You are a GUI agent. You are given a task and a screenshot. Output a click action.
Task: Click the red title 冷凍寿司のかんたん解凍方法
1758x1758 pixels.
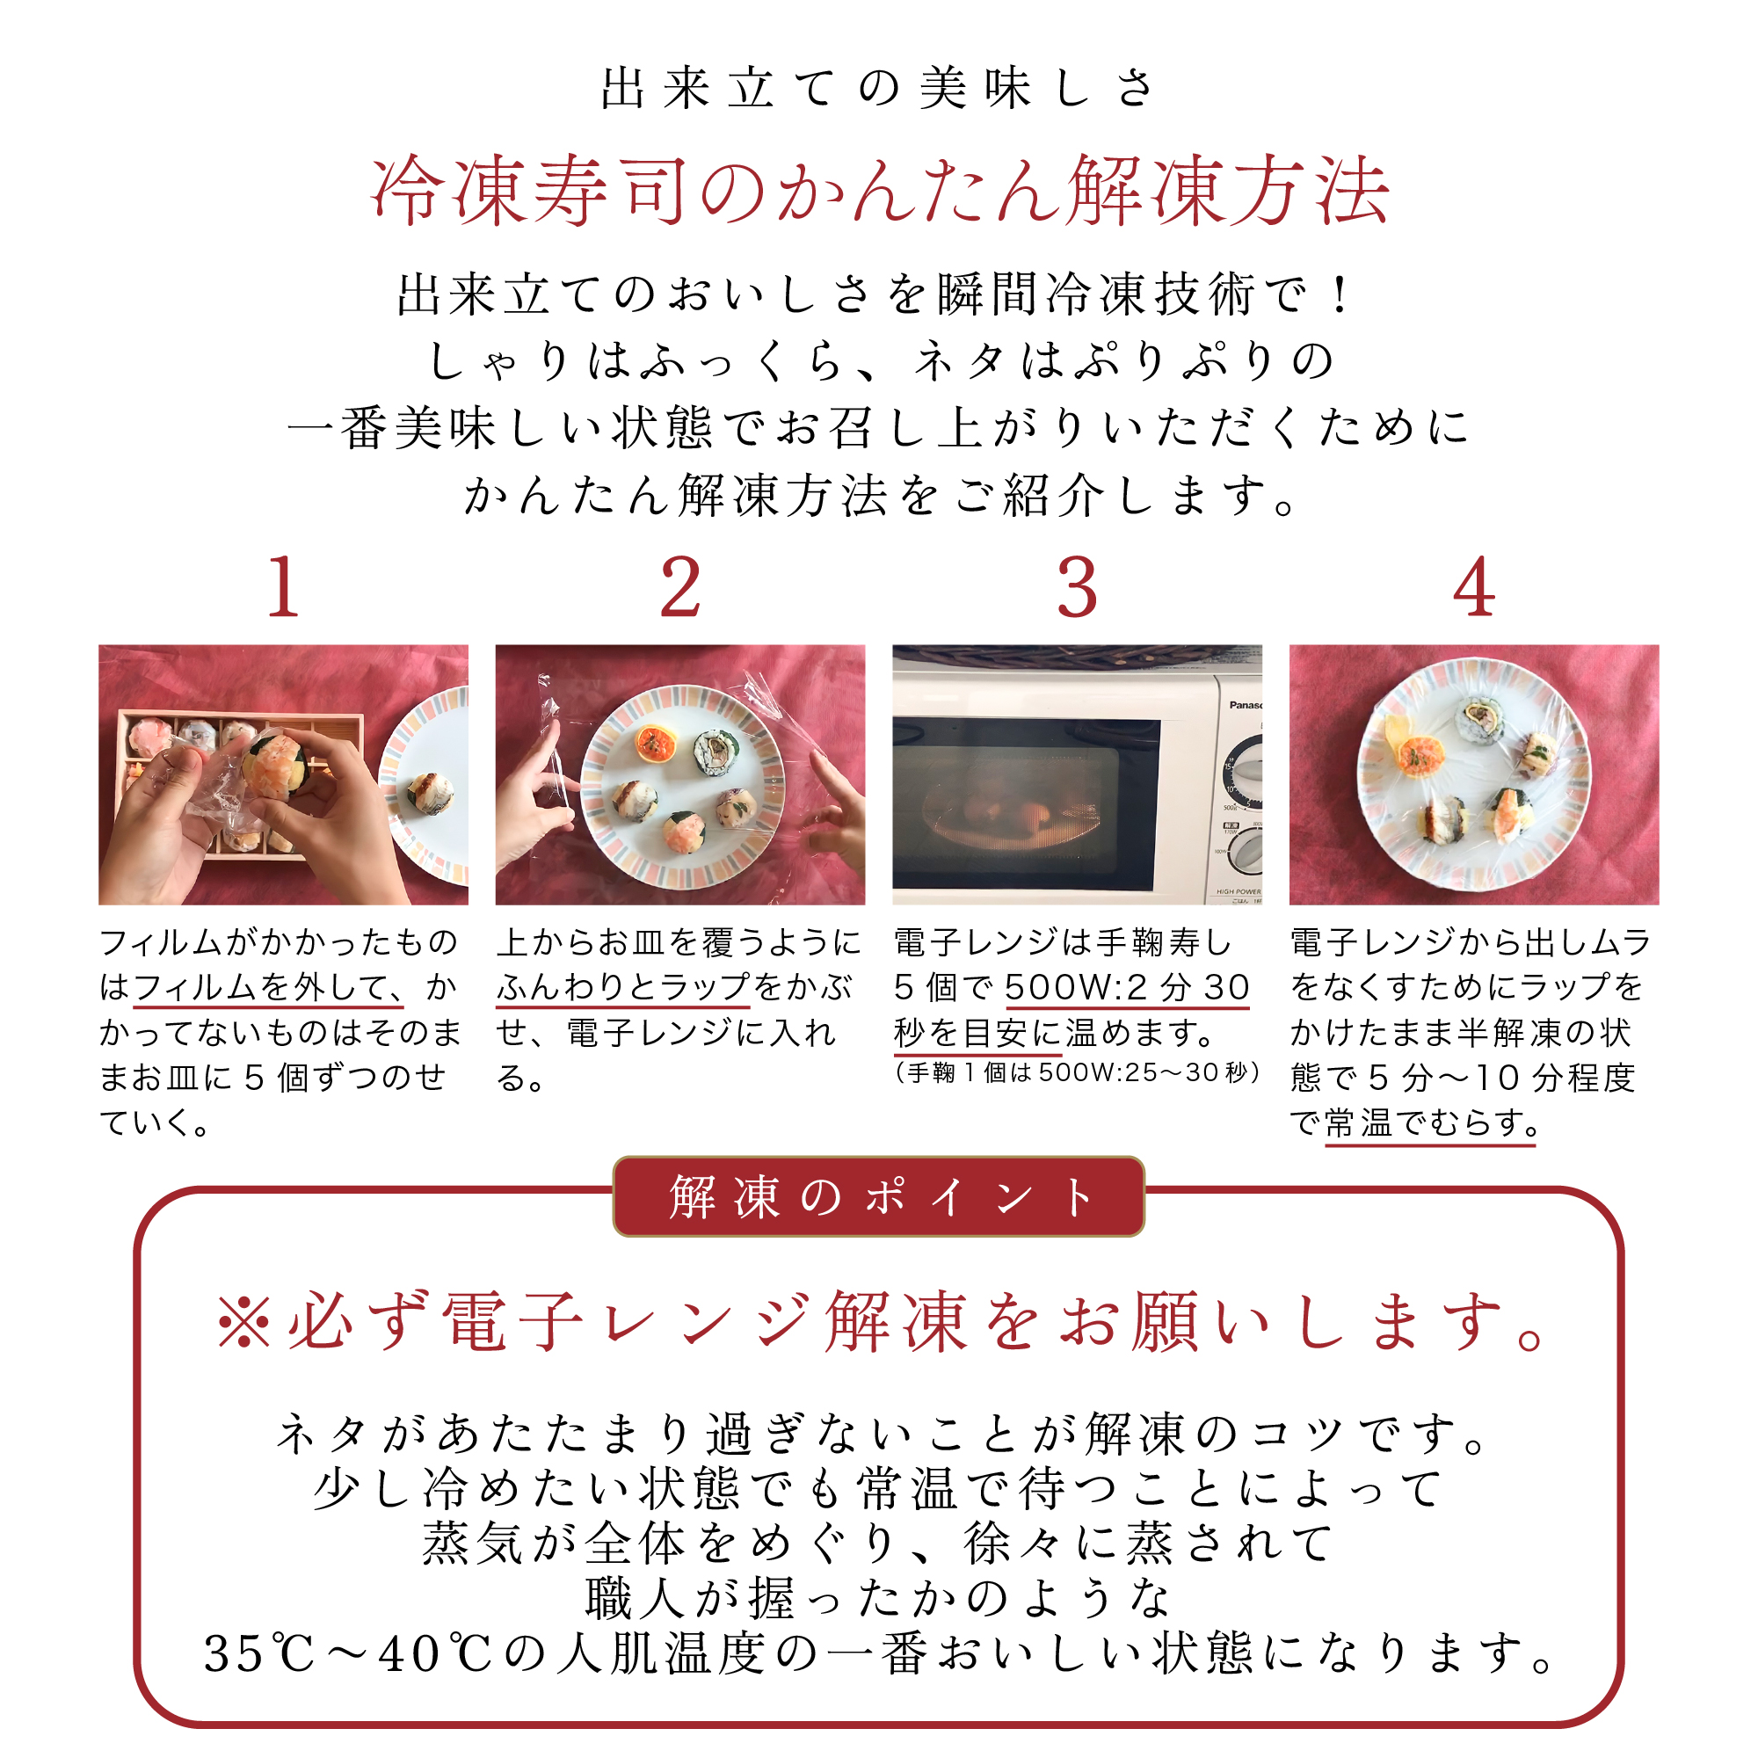[879, 191]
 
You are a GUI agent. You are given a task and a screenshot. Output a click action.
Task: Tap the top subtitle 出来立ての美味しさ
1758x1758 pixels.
[879, 89]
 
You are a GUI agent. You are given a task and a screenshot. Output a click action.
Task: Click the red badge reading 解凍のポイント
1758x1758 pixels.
[879, 1196]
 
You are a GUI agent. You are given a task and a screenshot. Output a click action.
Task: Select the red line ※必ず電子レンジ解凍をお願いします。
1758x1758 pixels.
[879, 1322]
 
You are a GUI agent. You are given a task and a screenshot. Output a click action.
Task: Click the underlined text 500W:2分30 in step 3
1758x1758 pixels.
[1128, 987]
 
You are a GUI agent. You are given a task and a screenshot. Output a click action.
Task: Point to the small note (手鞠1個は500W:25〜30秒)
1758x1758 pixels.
[1078, 1072]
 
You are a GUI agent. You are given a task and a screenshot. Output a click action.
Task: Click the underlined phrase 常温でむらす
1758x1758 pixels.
[1429, 1123]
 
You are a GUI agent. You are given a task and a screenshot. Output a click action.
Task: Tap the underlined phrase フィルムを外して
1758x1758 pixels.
[269, 987]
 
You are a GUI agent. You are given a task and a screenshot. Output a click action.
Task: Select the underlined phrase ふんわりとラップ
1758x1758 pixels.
[623, 987]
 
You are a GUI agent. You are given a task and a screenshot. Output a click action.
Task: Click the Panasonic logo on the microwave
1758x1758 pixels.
[1245, 705]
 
